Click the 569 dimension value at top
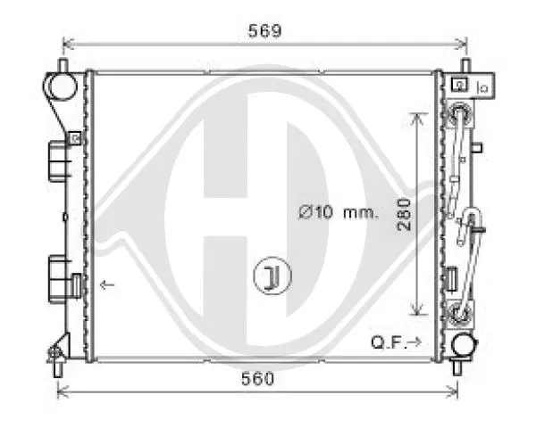(264, 30)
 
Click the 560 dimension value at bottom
(258, 378)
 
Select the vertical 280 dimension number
(404, 214)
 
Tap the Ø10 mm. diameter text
(339, 212)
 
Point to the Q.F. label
(388, 342)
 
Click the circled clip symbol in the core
(272, 276)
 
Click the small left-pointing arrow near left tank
(107, 284)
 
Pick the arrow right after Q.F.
(415, 342)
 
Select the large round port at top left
(60, 86)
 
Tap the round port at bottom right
(464, 345)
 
